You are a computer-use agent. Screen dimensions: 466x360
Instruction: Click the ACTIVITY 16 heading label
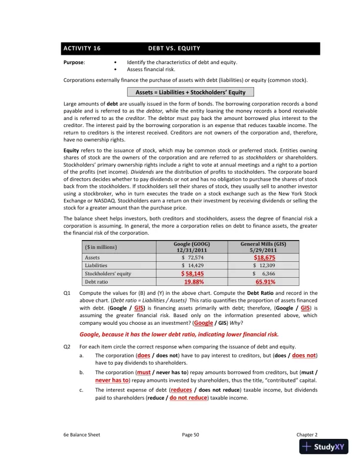[x=82, y=48]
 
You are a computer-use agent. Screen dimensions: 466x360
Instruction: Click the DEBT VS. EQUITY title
[x=174, y=48]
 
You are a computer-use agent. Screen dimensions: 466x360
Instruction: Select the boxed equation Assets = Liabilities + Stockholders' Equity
[x=191, y=92]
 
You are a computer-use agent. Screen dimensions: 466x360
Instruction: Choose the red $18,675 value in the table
[x=264, y=258]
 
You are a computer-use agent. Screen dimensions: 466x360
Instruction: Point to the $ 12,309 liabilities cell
[x=264, y=266]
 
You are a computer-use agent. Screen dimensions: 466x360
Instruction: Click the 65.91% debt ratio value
[x=264, y=282]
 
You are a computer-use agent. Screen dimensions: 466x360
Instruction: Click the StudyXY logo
[x=325, y=447]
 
